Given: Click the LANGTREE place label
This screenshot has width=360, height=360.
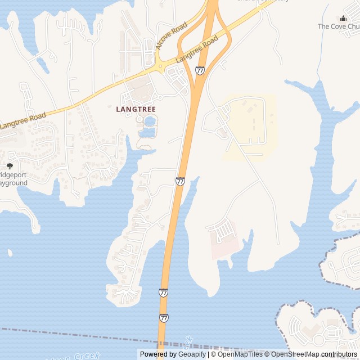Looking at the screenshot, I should (136, 109).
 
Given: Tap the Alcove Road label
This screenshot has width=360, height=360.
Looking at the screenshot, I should (172, 36).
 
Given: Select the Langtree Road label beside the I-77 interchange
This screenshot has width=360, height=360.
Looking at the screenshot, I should (196, 49).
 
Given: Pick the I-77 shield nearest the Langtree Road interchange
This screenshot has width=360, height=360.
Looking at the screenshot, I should (200, 70).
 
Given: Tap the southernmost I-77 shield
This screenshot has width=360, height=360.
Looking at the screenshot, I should (163, 318).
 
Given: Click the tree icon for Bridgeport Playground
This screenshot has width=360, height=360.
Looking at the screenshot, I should (10, 166).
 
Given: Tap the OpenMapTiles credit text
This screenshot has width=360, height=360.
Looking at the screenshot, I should (240, 354).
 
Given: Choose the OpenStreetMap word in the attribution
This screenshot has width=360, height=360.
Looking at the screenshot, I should (295, 354).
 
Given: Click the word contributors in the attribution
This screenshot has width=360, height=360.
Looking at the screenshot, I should (339, 354).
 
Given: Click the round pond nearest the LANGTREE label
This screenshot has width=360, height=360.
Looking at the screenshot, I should (150, 121).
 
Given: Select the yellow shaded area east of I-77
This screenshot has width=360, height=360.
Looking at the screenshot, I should (250, 127).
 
